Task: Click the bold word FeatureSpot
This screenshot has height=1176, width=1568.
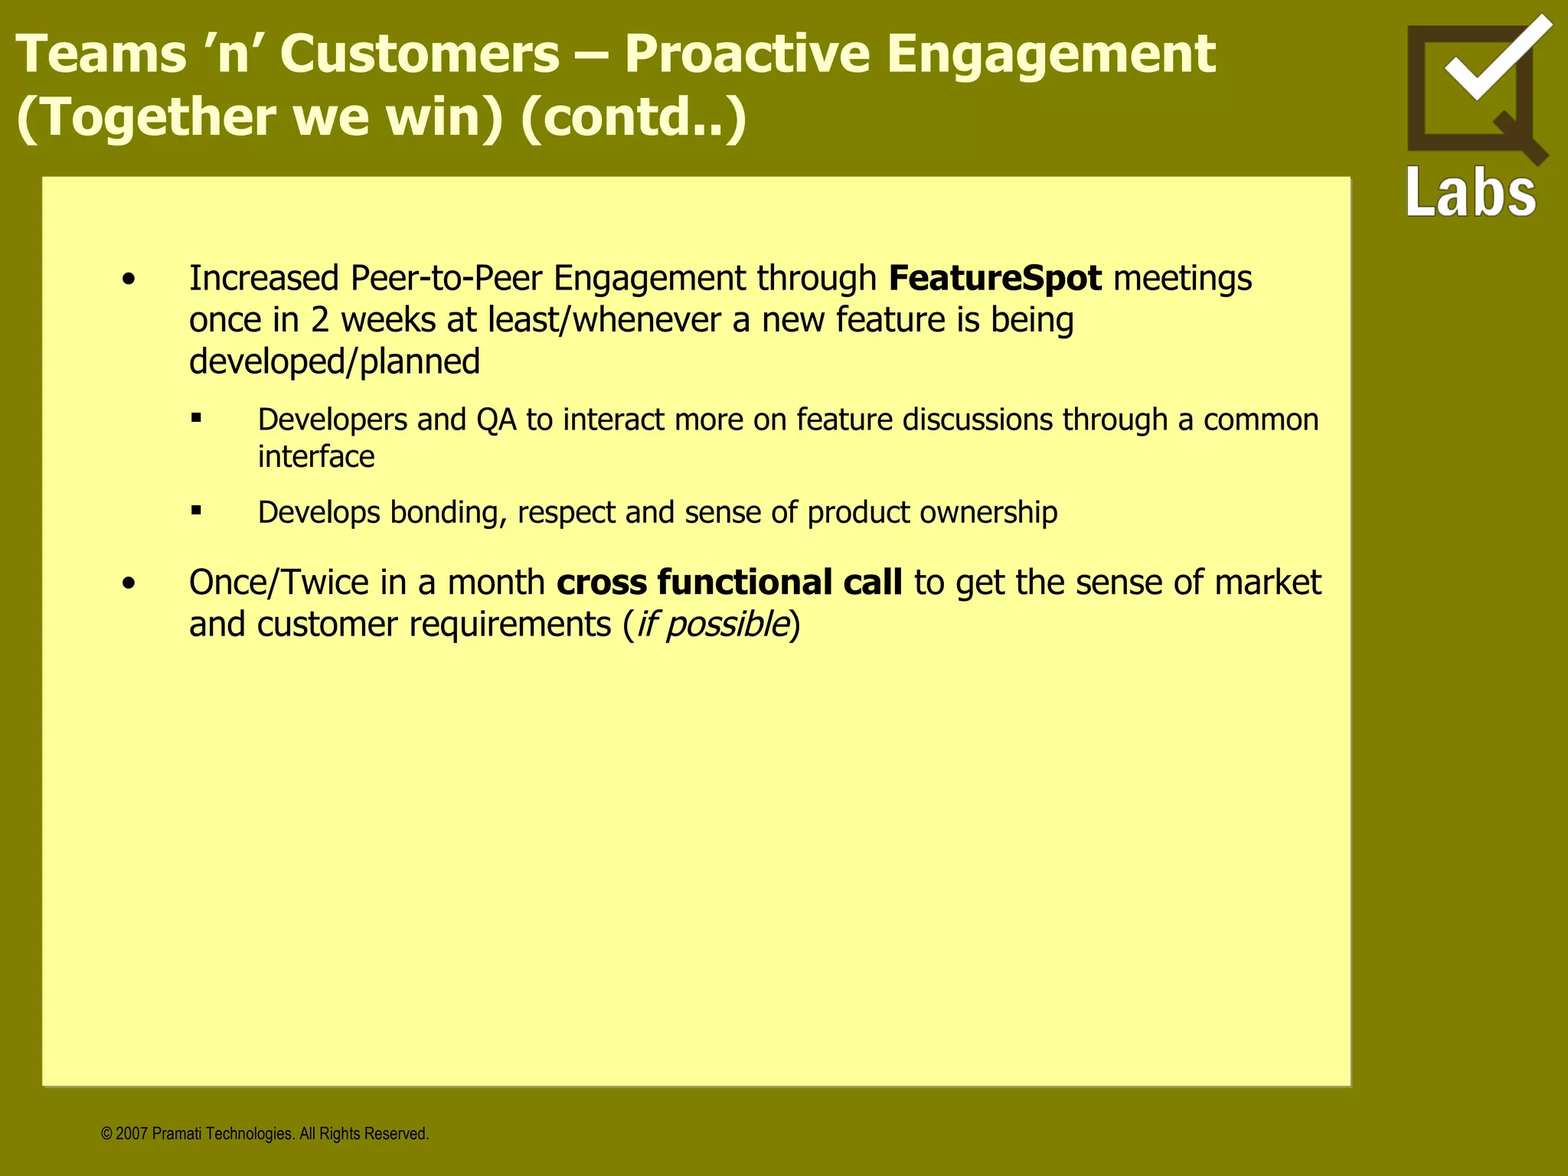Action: click(x=995, y=278)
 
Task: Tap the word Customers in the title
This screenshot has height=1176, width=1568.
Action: click(x=420, y=55)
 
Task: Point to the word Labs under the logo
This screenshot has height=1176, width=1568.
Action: click(x=1471, y=193)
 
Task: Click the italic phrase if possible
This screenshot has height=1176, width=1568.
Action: click(x=712, y=625)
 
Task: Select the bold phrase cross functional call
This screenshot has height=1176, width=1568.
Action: click(x=729, y=583)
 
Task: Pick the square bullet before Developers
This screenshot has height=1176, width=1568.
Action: click(x=197, y=418)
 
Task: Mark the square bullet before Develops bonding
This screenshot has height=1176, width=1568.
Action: click(x=197, y=510)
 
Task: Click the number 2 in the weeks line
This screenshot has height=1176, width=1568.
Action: click(x=319, y=320)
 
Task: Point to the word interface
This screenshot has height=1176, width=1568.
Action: click(x=315, y=457)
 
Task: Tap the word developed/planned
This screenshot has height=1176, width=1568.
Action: click(x=335, y=361)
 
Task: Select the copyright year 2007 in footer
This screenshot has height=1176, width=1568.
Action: click(x=132, y=1134)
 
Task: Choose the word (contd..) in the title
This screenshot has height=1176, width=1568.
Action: click(x=632, y=118)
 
